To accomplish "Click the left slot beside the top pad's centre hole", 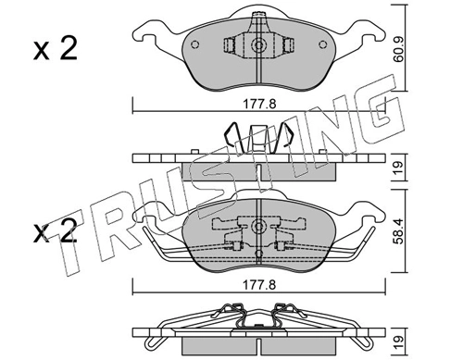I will click(229, 45).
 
